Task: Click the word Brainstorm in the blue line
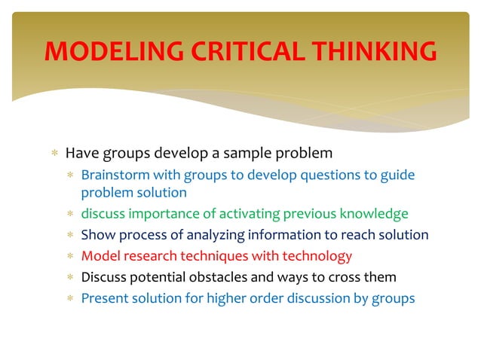[114, 175]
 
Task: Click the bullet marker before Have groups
[54, 154]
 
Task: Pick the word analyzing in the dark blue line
[207, 235]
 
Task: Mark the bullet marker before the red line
[69, 257]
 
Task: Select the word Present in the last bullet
[106, 298]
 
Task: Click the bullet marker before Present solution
[69, 299]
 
